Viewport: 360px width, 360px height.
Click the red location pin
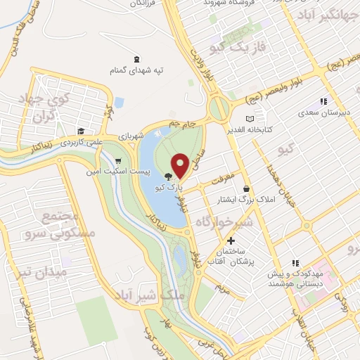click(180, 165)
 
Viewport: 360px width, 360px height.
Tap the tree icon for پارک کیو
click(168, 177)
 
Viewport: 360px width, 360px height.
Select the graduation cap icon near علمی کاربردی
click(82, 130)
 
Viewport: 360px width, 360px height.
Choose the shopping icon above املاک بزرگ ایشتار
click(246, 188)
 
